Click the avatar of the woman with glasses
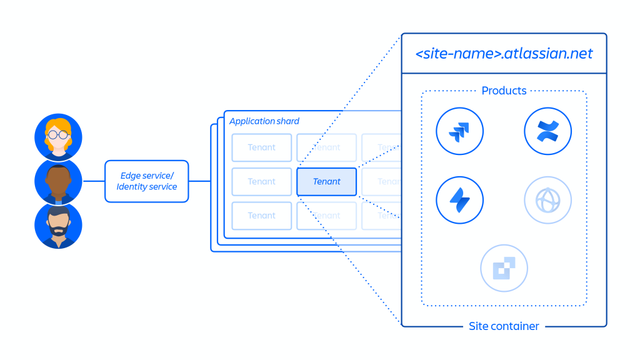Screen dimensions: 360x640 point(58,137)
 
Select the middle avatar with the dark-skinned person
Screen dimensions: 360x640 point(58,181)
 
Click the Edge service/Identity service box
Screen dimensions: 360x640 point(146,181)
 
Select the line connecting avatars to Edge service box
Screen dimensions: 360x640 point(93,181)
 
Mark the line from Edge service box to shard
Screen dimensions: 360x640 point(199,181)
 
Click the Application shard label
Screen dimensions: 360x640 point(264,121)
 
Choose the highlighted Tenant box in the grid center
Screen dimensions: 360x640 point(326,181)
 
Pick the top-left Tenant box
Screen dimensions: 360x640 point(261,147)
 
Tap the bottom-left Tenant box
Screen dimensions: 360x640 point(261,215)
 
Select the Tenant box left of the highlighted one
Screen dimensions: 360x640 point(261,181)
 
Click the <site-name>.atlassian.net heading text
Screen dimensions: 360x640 point(504,53)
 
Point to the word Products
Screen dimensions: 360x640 point(504,91)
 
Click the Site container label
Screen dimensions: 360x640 point(504,326)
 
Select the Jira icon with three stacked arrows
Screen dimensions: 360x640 point(460,131)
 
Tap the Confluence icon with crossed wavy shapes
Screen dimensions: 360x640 point(547,131)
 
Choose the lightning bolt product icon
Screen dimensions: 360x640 point(460,200)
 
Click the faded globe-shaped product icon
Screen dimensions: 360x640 point(547,200)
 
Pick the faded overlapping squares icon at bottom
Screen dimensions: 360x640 point(504,268)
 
